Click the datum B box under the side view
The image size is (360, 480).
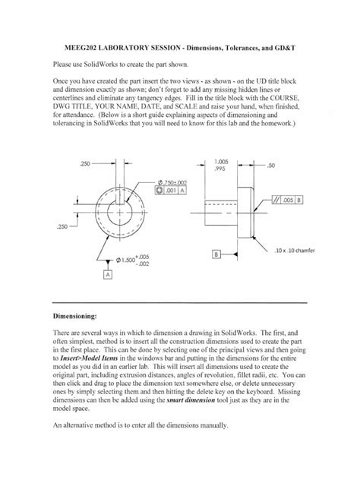pyautogui.click(x=216, y=254)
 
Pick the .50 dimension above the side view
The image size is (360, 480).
pyautogui.click(x=270, y=164)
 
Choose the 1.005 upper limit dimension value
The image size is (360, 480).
pyautogui.click(x=222, y=161)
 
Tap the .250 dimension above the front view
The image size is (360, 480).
pyautogui.click(x=85, y=163)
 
